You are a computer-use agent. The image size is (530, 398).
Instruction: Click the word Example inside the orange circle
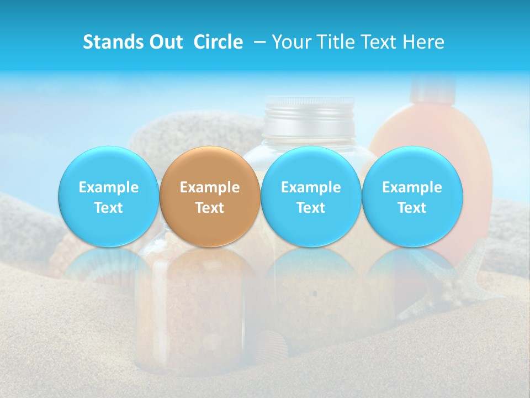click(x=210, y=187)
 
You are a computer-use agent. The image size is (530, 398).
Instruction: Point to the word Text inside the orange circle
click(x=210, y=208)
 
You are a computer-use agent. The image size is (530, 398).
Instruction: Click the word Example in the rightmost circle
click(x=412, y=187)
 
